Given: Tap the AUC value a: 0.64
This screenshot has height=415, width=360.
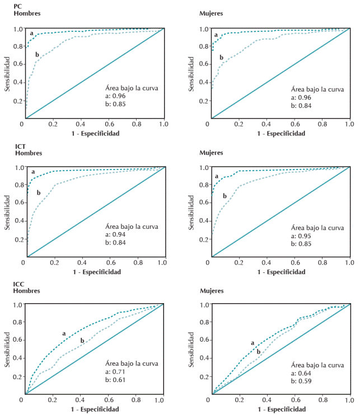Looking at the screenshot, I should point(300,373).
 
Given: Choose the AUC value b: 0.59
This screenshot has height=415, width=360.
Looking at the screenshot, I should point(300,381).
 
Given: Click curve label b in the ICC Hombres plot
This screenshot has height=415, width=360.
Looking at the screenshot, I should point(82,341).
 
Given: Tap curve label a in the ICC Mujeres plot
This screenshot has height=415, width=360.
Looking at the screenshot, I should point(253,343).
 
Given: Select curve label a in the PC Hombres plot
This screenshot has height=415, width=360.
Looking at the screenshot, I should point(31,34).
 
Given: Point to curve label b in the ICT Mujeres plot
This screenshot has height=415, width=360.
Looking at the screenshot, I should point(225,196).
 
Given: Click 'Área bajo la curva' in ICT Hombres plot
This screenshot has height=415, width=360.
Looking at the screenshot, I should point(132,227).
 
